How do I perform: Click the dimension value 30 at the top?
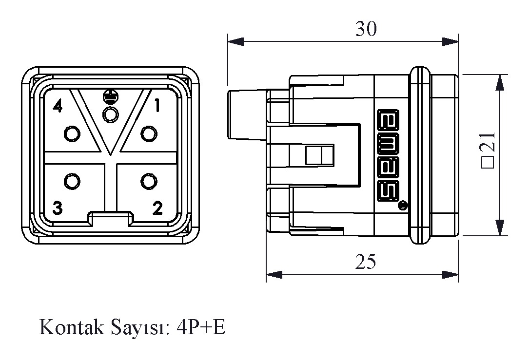pos(366,29)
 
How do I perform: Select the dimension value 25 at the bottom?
pos(366,262)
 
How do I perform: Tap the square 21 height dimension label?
pos(488,150)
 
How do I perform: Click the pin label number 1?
pos(157,105)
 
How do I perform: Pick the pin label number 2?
pos(157,208)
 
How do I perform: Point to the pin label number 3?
pos(58,208)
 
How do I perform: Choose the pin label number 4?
pos(58,106)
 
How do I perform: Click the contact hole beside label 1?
pos(148,133)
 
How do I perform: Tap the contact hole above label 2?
pos(148,181)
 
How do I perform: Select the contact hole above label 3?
pos(72,181)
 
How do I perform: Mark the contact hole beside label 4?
pos(72,133)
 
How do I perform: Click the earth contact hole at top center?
pos(111,115)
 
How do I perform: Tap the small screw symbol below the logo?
pos(402,206)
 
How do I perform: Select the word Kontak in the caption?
pos(71,327)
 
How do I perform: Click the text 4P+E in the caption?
pos(201,327)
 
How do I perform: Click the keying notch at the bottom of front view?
pos(110,218)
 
